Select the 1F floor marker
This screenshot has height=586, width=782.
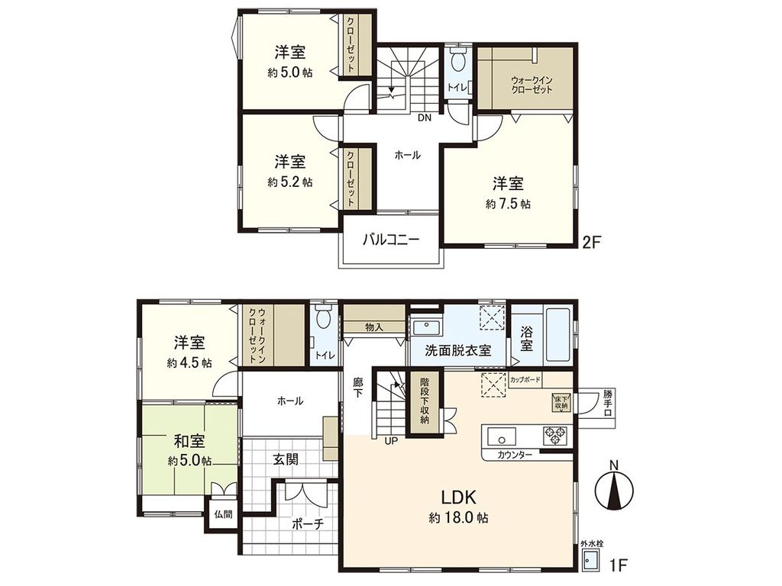point(618,565)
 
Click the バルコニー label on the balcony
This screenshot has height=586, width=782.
point(390,240)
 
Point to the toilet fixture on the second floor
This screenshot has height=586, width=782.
point(457,63)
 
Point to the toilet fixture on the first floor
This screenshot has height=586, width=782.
point(324,316)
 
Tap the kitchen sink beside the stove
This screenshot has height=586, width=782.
point(502,437)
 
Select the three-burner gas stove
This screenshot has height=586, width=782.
point(555,437)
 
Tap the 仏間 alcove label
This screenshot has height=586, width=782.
point(223,515)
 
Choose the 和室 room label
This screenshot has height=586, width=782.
point(189,441)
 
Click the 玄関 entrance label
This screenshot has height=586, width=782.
point(285,459)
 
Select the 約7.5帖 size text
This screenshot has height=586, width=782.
point(508,204)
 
